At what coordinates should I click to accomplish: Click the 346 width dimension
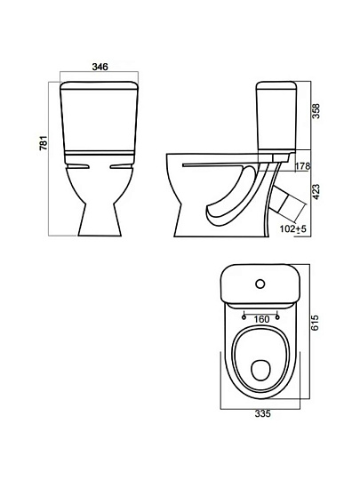[x=100, y=67]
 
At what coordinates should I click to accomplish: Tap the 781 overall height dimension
[x=44, y=142]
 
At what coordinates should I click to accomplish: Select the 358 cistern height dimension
[x=316, y=111]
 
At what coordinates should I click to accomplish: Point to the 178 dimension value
[x=303, y=166]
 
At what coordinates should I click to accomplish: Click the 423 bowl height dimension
[x=316, y=192]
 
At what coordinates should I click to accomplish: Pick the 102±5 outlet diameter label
[x=293, y=228]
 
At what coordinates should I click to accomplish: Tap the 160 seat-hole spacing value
[x=261, y=319]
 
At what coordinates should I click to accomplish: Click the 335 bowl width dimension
[x=262, y=414]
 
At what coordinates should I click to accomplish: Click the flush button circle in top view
[x=260, y=284]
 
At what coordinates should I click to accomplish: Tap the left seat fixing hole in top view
[x=244, y=317]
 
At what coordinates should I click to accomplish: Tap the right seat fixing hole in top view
[x=277, y=317]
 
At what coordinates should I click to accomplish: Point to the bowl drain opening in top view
[x=260, y=370]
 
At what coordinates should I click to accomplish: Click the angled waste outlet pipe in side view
[x=289, y=204]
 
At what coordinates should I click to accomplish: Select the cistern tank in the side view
[x=276, y=116]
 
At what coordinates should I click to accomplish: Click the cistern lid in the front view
[x=100, y=85]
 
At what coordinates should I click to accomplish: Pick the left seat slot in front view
[x=77, y=166]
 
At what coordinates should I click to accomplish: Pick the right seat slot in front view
[x=121, y=166]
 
